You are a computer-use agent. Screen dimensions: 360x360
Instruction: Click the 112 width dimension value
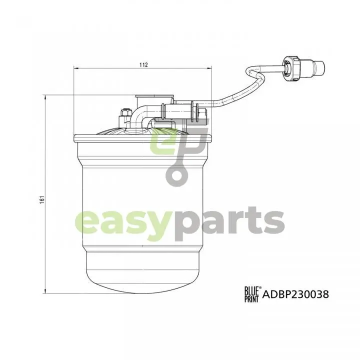tap(143, 64)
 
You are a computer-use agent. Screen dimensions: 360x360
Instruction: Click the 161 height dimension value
tap(41, 200)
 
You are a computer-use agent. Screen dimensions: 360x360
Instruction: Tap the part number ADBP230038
tap(295, 294)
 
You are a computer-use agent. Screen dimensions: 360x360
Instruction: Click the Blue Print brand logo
tap(252, 294)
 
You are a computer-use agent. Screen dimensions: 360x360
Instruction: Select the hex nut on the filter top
tap(125, 112)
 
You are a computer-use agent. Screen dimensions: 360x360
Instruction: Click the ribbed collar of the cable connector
tap(291, 69)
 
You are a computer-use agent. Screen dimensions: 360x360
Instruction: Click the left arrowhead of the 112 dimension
tap(76, 68)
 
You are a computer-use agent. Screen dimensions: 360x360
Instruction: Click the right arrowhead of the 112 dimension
tap(209, 68)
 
